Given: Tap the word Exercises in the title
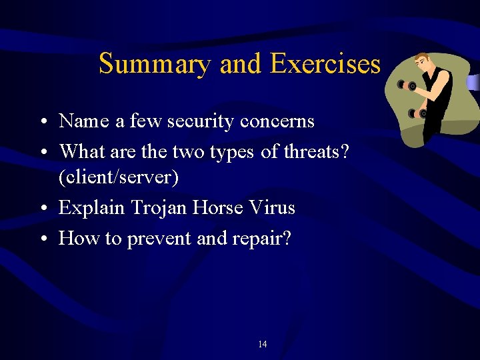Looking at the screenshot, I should point(325,65).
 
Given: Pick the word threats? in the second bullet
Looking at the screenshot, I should point(315,152).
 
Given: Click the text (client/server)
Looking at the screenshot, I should point(119,178).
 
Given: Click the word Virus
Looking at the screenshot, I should point(271,208).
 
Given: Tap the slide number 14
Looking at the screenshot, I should point(262,345).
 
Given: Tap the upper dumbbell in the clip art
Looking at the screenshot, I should point(407,85).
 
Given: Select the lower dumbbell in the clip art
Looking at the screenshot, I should point(417,113).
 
